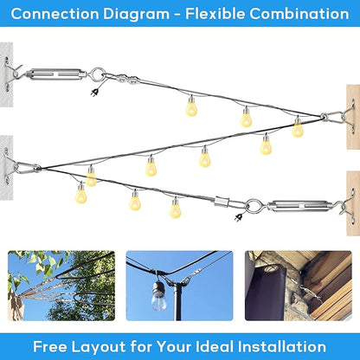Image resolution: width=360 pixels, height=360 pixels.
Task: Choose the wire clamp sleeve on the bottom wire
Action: [222, 201]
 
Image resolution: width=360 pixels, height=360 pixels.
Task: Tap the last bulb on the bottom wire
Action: [175, 209]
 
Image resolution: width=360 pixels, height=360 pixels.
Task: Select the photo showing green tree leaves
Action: [61, 286]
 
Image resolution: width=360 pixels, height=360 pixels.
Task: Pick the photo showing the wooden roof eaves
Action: [298, 286]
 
